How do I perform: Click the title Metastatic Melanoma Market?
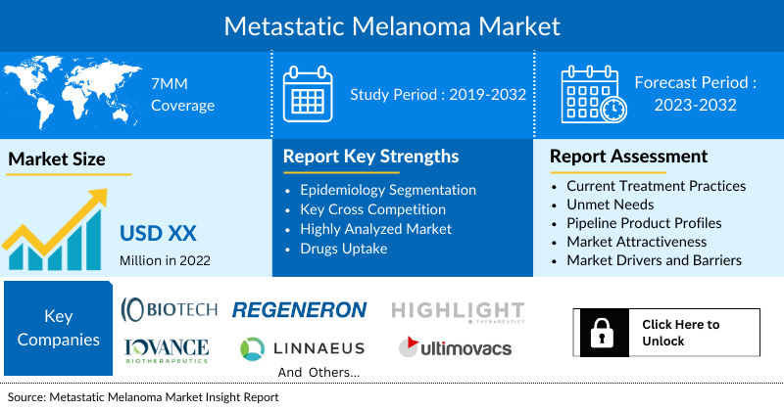coord(392,24)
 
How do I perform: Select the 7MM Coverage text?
coord(182,95)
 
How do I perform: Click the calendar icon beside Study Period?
coord(309,94)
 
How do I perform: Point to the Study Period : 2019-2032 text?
coord(438,95)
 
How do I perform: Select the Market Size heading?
coord(57,159)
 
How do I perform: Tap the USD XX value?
coord(158,233)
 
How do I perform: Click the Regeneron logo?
coord(299,310)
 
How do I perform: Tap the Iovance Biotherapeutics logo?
coord(167,350)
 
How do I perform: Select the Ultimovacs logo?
coord(454,347)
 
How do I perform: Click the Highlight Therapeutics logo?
coord(459,310)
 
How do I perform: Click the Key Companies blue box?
coord(59,330)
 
